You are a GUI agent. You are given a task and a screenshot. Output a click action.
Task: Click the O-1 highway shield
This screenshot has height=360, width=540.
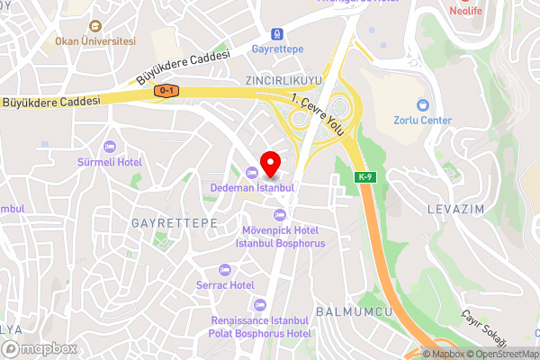click(166, 91)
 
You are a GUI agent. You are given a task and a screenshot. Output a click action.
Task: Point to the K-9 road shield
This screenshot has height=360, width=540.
click(364, 176)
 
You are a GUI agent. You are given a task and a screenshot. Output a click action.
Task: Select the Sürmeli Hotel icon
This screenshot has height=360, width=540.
click(111, 147)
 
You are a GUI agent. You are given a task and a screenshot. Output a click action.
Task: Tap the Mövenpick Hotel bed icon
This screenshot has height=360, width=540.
click(279, 214)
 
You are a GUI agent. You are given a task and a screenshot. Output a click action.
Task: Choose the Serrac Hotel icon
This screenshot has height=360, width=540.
click(224, 270)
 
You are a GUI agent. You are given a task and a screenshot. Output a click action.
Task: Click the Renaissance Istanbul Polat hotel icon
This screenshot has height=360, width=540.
click(260, 304)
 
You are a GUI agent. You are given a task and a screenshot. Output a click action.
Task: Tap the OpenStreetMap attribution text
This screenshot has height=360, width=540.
click(501, 354)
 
